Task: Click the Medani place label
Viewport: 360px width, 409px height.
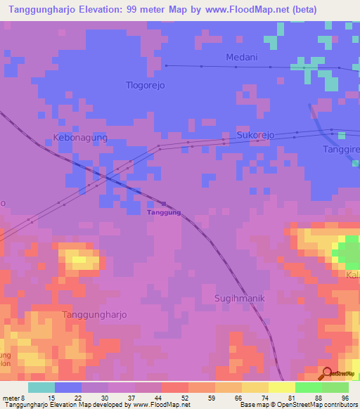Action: tap(242, 57)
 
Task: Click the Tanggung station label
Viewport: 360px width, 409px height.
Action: tap(164, 212)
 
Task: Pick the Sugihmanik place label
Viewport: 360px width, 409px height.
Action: tap(239, 298)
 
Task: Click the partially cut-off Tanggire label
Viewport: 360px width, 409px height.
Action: tap(341, 150)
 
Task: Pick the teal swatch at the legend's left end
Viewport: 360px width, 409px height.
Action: tap(41, 387)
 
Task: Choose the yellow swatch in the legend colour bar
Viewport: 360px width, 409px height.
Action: tap(255, 387)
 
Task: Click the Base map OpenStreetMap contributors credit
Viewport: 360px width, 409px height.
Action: tap(297, 405)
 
